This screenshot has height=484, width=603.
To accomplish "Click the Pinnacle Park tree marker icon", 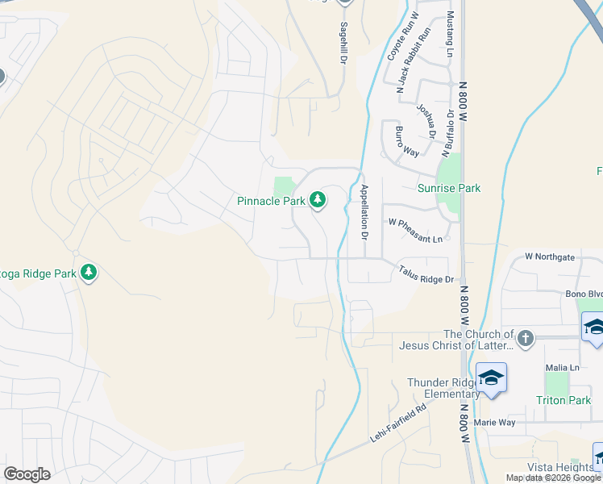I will pos(318,199).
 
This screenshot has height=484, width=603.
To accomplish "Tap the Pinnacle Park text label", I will pos(271,200).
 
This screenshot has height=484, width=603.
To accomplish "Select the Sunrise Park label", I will pos(449,188).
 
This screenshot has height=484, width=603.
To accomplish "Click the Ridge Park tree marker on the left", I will pos(89,273).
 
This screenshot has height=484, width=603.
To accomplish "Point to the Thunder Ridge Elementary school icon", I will pos(491,378).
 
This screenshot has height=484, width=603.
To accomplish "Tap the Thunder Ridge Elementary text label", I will pos(443,388).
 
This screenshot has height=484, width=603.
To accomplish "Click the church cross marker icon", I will pos(525,339).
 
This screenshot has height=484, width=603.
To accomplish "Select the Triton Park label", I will pos(563,400).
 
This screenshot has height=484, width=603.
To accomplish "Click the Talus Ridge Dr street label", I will pos(426,275).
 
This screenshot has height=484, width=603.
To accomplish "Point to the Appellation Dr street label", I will pos(364,213).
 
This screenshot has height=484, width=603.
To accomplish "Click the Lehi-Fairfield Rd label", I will pos(397,420).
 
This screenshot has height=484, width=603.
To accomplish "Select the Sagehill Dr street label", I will pos(343,43).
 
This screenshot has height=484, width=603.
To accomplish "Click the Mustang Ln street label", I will pos(450,35).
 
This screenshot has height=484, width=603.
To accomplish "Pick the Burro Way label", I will pos(406,140).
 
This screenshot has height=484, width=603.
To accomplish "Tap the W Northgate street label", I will pos(550,257).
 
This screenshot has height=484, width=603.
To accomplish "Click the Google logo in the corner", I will pos(27,474).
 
